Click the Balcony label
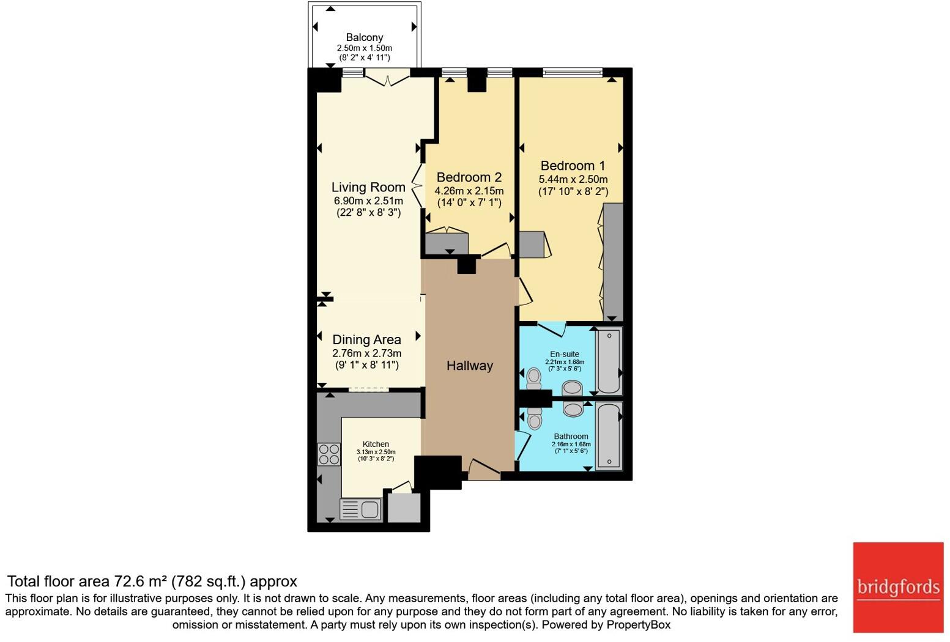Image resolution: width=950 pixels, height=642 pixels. click(x=365, y=37)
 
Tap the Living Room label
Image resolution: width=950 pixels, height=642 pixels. click(x=368, y=187)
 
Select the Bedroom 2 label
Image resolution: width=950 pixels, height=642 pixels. click(x=469, y=177)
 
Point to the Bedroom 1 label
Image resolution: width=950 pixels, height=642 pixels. click(x=573, y=165)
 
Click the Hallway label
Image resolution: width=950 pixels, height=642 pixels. click(x=469, y=366)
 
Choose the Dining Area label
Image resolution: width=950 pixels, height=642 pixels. click(x=366, y=340)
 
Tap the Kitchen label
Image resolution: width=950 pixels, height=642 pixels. click(x=376, y=444)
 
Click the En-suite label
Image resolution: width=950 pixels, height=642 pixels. click(x=565, y=353)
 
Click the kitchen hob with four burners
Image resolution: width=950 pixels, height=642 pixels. click(x=329, y=454)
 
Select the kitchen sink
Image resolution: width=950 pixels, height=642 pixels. click(x=360, y=509)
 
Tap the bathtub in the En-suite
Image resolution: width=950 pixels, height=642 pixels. click(x=609, y=360)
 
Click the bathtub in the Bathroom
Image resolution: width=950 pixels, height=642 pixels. click(x=609, y=435)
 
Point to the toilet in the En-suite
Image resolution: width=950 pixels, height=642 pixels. click(x=533, y=378)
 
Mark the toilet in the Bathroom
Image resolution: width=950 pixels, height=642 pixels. click(x=535, y=418)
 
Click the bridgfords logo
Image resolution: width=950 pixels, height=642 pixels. click(x=898, y=588)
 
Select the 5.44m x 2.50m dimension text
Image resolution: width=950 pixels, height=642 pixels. click(x=573, y=179)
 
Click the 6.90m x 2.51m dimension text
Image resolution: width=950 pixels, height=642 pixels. click(x=368, y=201)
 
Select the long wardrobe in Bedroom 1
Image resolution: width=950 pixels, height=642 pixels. click(x=613, y=262)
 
